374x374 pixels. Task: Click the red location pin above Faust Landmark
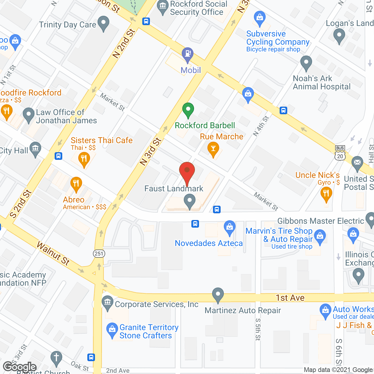click(x=187, y=171)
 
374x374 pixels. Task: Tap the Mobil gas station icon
click(x=188, y=54)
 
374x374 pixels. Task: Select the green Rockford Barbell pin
click(x=188, y=110)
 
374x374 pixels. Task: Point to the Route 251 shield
click(x=99, y=253)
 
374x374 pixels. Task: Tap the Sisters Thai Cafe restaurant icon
click(x=84, y=159)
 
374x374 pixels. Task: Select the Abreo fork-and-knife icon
click(x=76, y=184)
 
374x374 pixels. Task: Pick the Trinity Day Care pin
click(x=103, y=23)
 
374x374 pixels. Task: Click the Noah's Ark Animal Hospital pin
click(x=306, y=63)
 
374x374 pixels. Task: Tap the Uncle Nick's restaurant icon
click(x=326, y=193)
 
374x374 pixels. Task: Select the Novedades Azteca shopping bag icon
click(x=230, y=227)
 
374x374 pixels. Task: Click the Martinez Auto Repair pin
click(x=218, y=295)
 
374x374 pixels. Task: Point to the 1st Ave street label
click(x=290, y=297)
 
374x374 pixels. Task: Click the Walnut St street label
click(x=53, y=253)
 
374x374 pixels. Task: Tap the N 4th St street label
click(x=261, y=126)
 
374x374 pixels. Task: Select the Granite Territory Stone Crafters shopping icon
click(x=112, y=330)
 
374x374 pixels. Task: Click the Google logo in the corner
click(x=20, y=367)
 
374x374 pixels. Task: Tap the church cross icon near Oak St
click(x=56, y=358)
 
